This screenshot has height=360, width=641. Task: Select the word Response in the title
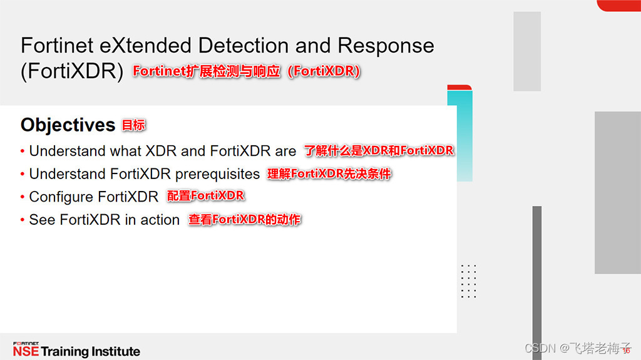[386, 45]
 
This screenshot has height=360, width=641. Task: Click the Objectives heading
[68, 125]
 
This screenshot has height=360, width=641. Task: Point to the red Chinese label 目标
[133, 125]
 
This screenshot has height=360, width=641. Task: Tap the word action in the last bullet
[160, 220]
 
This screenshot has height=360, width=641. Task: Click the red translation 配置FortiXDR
[205, 196]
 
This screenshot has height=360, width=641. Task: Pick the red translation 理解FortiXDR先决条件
[329, 173]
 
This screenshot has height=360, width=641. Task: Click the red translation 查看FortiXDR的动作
[245, 220]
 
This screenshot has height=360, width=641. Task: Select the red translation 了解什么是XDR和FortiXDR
[379, 151]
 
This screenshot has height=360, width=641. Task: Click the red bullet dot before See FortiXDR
[23, 220]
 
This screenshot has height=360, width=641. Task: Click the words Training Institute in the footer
[91, 351]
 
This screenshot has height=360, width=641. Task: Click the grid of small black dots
[468, 281]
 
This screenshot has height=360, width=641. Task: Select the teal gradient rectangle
[463, 135]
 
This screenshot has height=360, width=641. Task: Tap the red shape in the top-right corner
[618, 5]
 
